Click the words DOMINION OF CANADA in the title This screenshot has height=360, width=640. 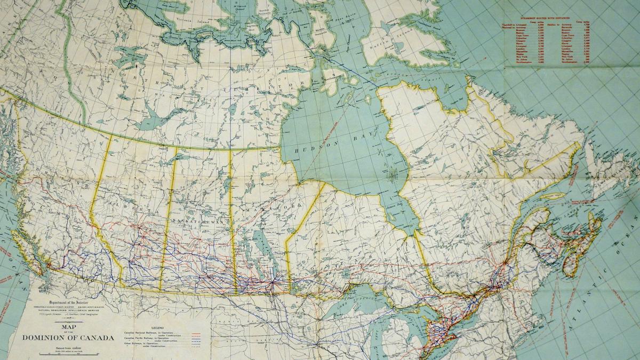click(x=68, y=338)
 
